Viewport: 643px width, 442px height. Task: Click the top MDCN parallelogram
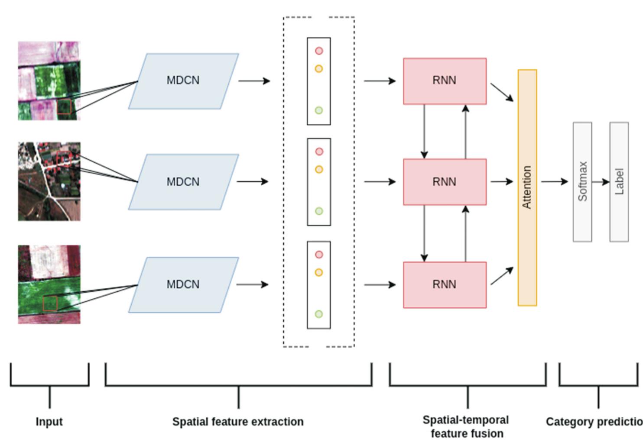coord(183,81)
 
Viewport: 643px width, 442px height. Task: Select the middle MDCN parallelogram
coord(183,182)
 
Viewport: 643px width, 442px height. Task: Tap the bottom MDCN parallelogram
coord(183,284)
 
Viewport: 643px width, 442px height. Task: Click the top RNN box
coord(445,81)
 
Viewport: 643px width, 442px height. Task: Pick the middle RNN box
coord(445,182)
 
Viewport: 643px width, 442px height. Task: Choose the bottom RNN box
coord(445,284)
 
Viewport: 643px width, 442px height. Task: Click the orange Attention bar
coord(527,187)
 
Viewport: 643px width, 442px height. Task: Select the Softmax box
coord(582,182)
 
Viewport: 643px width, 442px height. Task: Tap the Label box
coord(619,182)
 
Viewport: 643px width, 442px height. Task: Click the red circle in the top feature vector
coord(319,51)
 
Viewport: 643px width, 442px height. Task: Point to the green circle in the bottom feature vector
coord(319,314)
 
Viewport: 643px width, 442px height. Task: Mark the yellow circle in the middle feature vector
coord(319,170)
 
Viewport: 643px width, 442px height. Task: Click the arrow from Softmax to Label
coord(601,182)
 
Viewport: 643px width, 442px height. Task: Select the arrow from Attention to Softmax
coord(554,181)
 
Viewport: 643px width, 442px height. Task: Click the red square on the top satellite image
coord(64,107)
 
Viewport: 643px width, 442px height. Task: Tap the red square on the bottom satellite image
coord(50,303)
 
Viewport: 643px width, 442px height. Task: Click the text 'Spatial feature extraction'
coord(238,422)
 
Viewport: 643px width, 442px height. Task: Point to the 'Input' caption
coord(49,422)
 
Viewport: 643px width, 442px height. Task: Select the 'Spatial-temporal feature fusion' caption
coord(466,427)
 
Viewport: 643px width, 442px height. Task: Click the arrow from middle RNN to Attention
coord(502,181)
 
